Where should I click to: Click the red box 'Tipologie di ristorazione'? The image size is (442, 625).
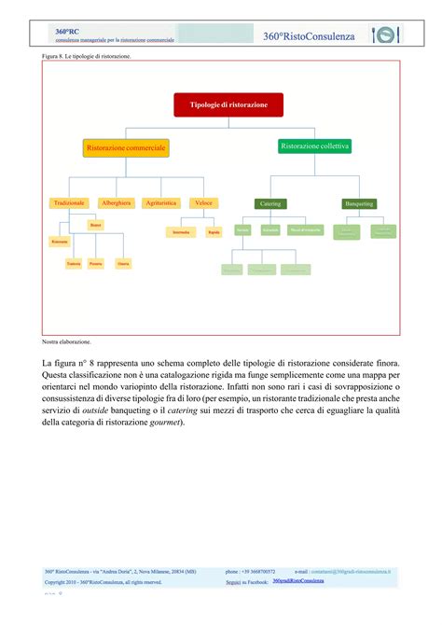click(228, 104)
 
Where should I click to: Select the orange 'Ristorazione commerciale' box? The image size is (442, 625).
click(126, 148)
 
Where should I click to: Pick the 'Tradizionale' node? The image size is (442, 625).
click(70, 202)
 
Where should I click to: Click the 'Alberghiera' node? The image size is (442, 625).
click(117, 202)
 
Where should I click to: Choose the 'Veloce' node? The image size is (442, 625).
click(204, 202)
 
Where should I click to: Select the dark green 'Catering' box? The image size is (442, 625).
click(270, 203)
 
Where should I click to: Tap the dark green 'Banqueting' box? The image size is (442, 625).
click(359, 202)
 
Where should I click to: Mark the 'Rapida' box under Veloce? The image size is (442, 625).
click(214, 231)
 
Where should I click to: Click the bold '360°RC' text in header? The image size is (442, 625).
click(66, 29)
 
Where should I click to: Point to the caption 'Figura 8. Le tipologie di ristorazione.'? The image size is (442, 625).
click(87, 56)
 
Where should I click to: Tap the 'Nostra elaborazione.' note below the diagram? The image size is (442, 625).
click(69, 342)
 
